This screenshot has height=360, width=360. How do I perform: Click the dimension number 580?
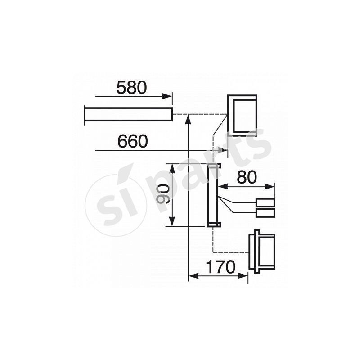[131, 87]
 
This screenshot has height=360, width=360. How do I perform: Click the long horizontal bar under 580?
[128, 114]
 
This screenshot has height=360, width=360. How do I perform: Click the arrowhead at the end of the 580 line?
[169, 96]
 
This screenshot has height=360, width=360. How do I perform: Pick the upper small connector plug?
[265, 203]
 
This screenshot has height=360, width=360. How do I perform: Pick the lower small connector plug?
[265, 213]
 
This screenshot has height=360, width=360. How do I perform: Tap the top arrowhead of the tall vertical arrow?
[189, 118]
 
